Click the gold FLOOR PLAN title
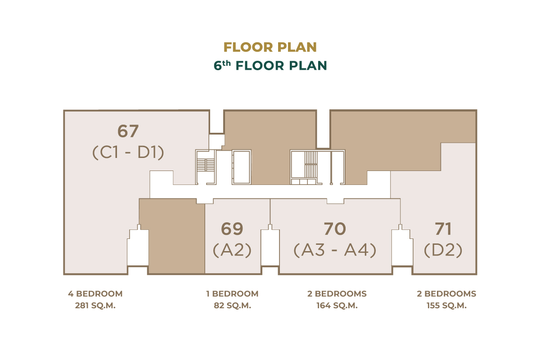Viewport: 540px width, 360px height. coord(270,47)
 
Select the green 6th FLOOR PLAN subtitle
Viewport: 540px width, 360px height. coord(270,66)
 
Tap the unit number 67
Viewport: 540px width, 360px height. coord(128,131)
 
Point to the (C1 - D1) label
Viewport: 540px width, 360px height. coord(128,153)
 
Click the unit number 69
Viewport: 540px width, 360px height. coord(232,229)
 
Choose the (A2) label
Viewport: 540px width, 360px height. coord(232,250)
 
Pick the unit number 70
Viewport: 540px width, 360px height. coord(335,229)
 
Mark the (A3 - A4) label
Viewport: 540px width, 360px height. coord(335,250)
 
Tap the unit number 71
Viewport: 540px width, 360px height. coord(443,229)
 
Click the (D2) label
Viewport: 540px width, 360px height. coord(443,250)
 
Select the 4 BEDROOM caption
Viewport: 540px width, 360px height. coord(95,294)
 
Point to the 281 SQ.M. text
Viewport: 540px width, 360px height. coord(95,306)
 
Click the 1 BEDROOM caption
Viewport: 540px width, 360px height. coord(232,294)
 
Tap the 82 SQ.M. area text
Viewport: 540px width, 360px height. coord(232,306)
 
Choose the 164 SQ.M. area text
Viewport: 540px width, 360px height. coord(337,306)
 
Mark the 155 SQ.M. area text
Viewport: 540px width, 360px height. coord(446,306)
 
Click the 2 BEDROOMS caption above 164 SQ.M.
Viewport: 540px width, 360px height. coord(337,294)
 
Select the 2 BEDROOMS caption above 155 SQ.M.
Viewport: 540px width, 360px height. coord(446,294)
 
